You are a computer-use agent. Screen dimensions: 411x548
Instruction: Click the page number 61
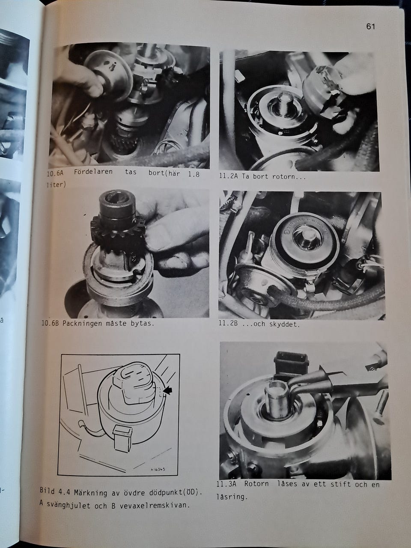tap(370, 26)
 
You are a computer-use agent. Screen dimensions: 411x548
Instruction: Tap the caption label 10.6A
tap(55, 173)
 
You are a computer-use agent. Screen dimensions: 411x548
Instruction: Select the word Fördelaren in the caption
tap(93, 172)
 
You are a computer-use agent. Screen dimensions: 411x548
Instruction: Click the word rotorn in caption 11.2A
tap(283, 177)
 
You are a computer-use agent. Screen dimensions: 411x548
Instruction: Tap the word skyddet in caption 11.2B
tap(284, 325)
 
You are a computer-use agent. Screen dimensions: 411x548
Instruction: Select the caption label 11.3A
tap(226, 484)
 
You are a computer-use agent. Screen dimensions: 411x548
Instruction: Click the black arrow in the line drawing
tap(168, 391)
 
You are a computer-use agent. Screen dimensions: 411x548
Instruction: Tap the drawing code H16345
tap(158, 470)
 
